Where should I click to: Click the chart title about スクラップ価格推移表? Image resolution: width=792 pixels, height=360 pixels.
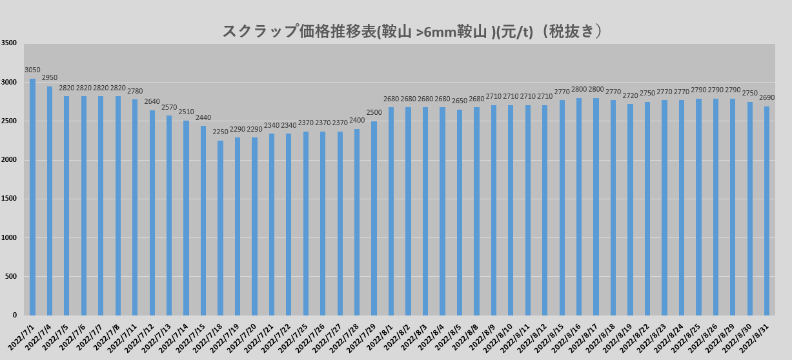412,32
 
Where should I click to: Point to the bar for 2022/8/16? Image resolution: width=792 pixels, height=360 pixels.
579,206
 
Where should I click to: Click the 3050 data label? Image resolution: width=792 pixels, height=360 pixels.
32,70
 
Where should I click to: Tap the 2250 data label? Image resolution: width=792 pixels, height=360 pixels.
221,132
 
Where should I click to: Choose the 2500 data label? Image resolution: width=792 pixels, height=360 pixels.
374,113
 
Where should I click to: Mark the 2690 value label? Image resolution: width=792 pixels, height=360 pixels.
767,98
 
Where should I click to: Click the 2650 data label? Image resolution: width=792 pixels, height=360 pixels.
460,101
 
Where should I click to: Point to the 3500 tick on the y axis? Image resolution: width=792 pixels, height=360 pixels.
9,43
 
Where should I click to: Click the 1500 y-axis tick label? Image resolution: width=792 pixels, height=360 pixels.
9,199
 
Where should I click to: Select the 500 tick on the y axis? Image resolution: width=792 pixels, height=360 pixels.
12,277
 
